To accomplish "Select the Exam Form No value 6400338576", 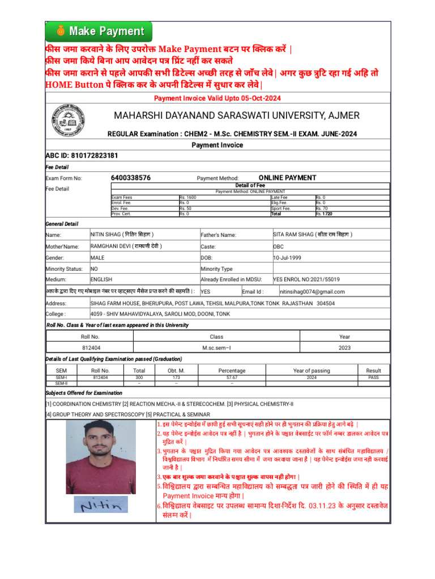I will pyautogui.click(x=131, y=178).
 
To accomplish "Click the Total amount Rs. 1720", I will pyautogui.click(x=324, y=214).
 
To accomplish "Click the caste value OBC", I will pyautogui.click(x=279, y=247).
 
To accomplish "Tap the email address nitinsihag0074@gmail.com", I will pyautogui.click(x=313, y=292).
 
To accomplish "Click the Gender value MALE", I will pyautogui.click(x=97, y=258).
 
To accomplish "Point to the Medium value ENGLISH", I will pyautogui.click(x=101, y=279).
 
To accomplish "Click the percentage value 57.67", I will pyautogui.click(x=232, y=377).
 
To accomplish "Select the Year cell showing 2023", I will pyautogui.click(x=344, y=348).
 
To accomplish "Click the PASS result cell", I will pyautogui.click(x=373, y=377).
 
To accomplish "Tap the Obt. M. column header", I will pyautogui.click(x=176, y=371).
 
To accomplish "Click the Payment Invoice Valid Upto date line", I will pyautogui.click(x=217, y=98).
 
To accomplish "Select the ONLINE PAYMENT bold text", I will pyautogui.click(x=287, y=178).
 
